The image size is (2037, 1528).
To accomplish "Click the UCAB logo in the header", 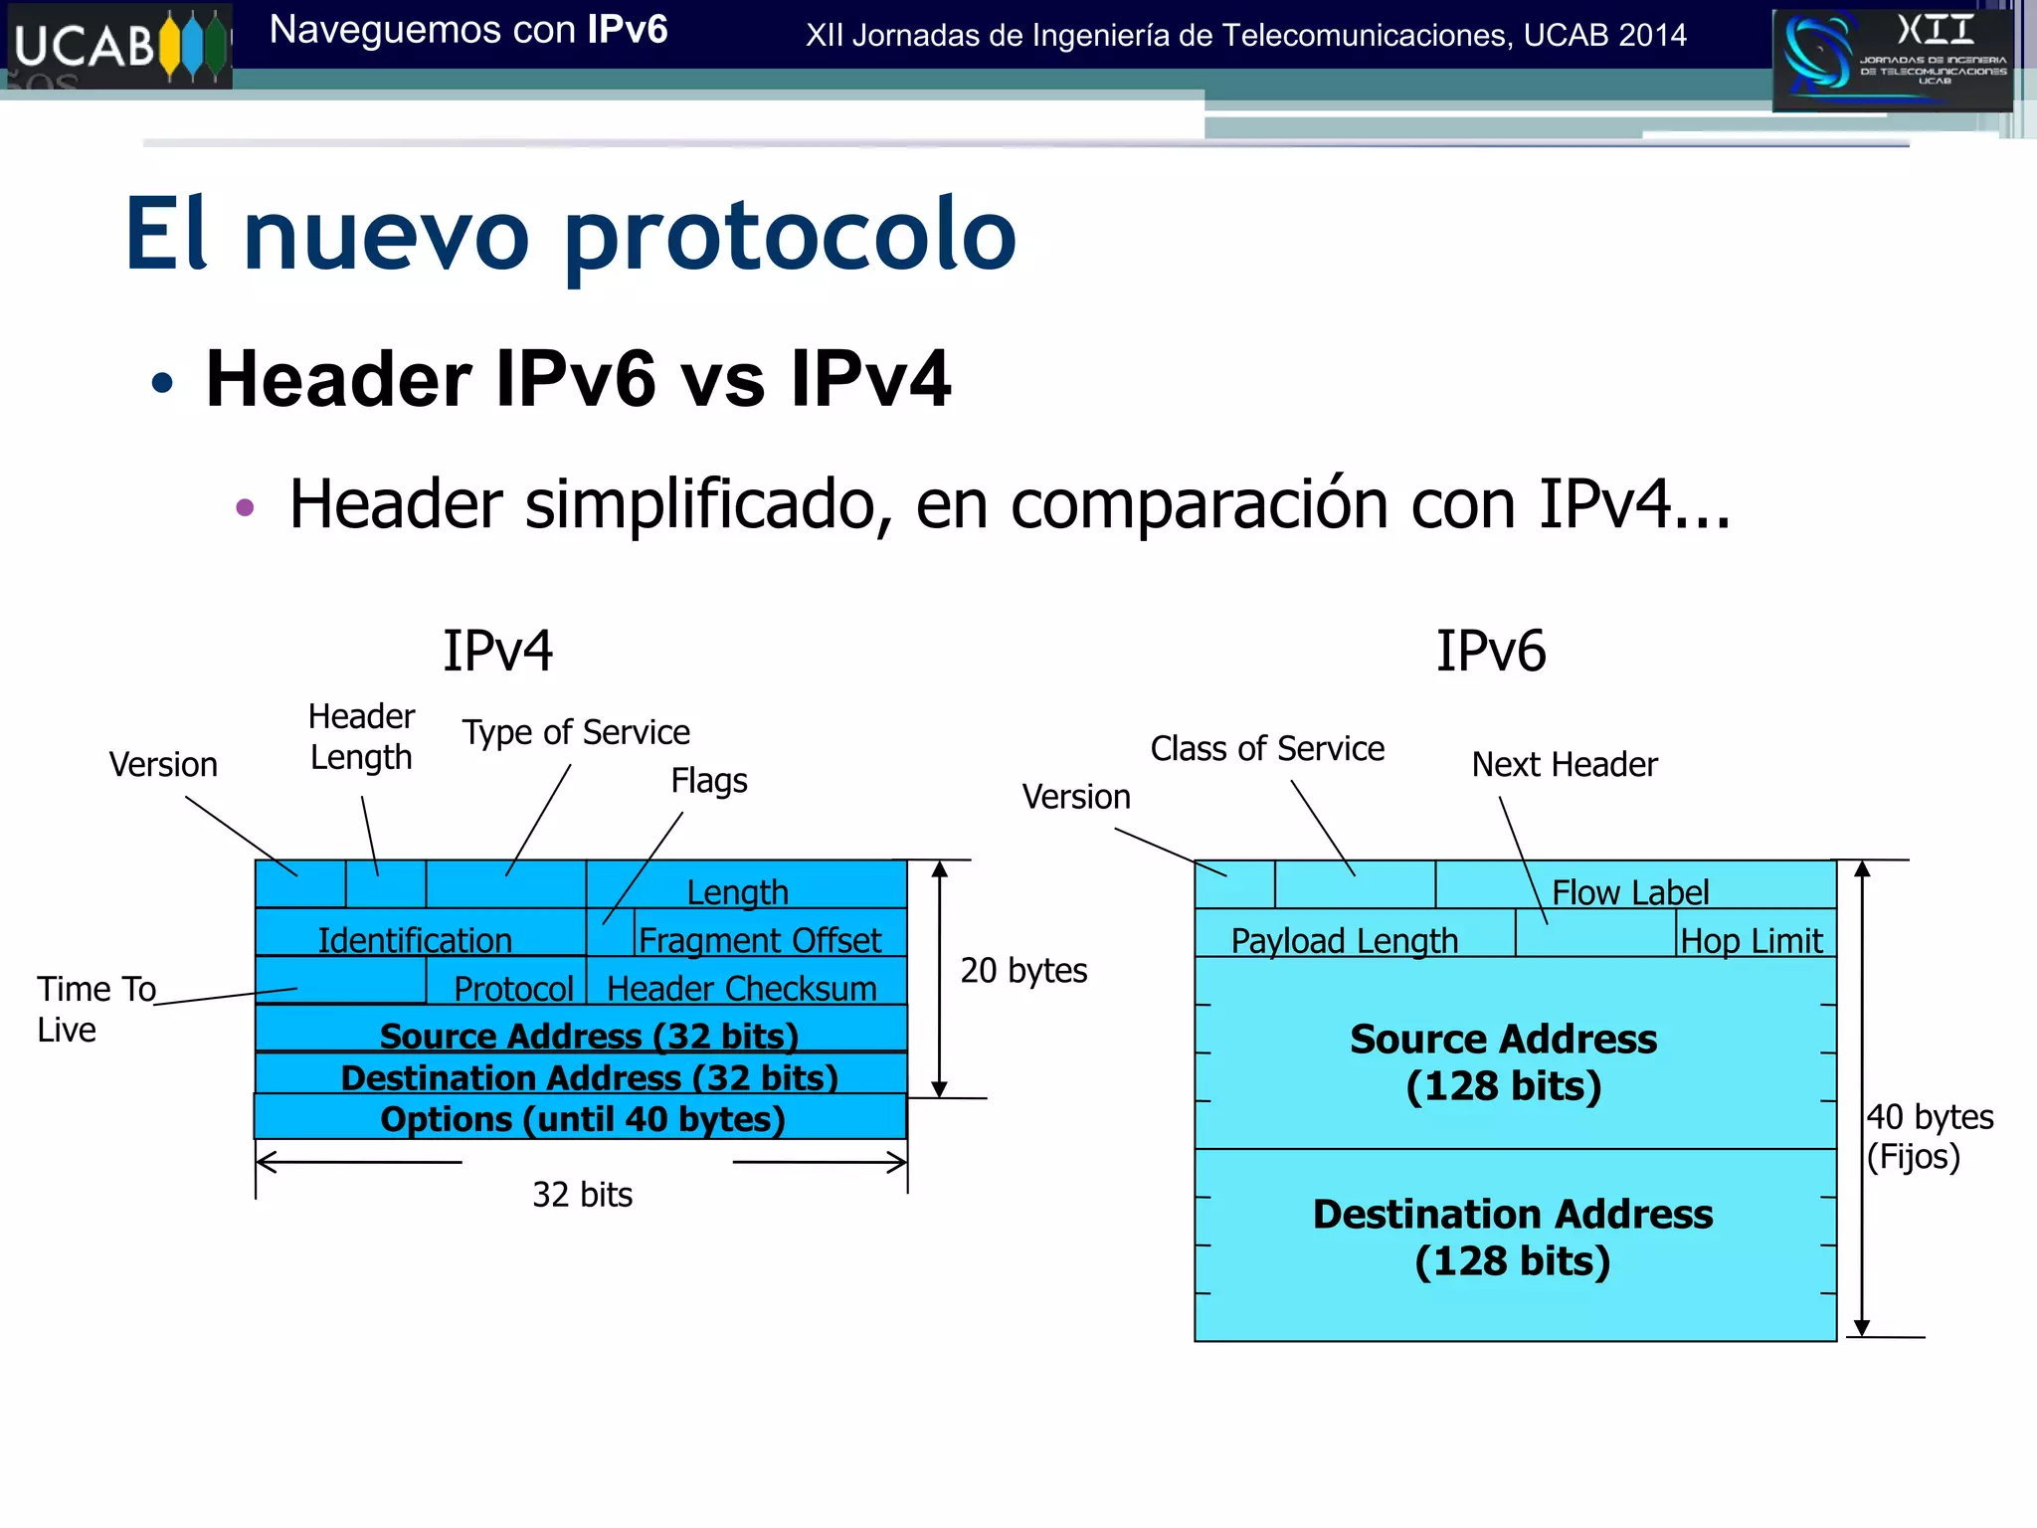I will click(x=117, y=46).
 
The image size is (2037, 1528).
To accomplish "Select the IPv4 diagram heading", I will click(x=497, y=652).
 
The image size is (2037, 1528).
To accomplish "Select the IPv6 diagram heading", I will click(x=1490, y=652).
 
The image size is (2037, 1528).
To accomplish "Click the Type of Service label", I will click(x=575, y=733).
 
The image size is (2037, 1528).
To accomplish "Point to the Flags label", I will click(x=708, y=781).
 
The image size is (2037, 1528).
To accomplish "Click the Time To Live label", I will click(x=95, y=1009).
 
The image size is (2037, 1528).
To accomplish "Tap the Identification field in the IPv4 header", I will click(x=416, y=938).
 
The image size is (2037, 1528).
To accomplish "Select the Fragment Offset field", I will click(x=760, y=938).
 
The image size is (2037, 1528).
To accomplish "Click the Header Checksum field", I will click(x=742, y=987).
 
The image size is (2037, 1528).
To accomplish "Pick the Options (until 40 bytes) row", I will click(x=582, y=1119).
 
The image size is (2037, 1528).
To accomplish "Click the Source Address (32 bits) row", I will click(x=588, y=1035).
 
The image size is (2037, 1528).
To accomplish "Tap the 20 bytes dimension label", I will click(x=1023, y=970).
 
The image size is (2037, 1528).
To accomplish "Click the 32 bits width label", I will click(x=582, y=1195).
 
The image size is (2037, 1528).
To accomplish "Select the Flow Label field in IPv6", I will click(x=1629, y=890).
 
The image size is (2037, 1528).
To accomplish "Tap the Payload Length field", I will click(x=1344, y=939).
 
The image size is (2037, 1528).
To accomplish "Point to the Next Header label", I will click(x=1564, y=765).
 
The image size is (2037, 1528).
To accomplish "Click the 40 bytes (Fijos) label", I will click(x=1929, y=1136).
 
